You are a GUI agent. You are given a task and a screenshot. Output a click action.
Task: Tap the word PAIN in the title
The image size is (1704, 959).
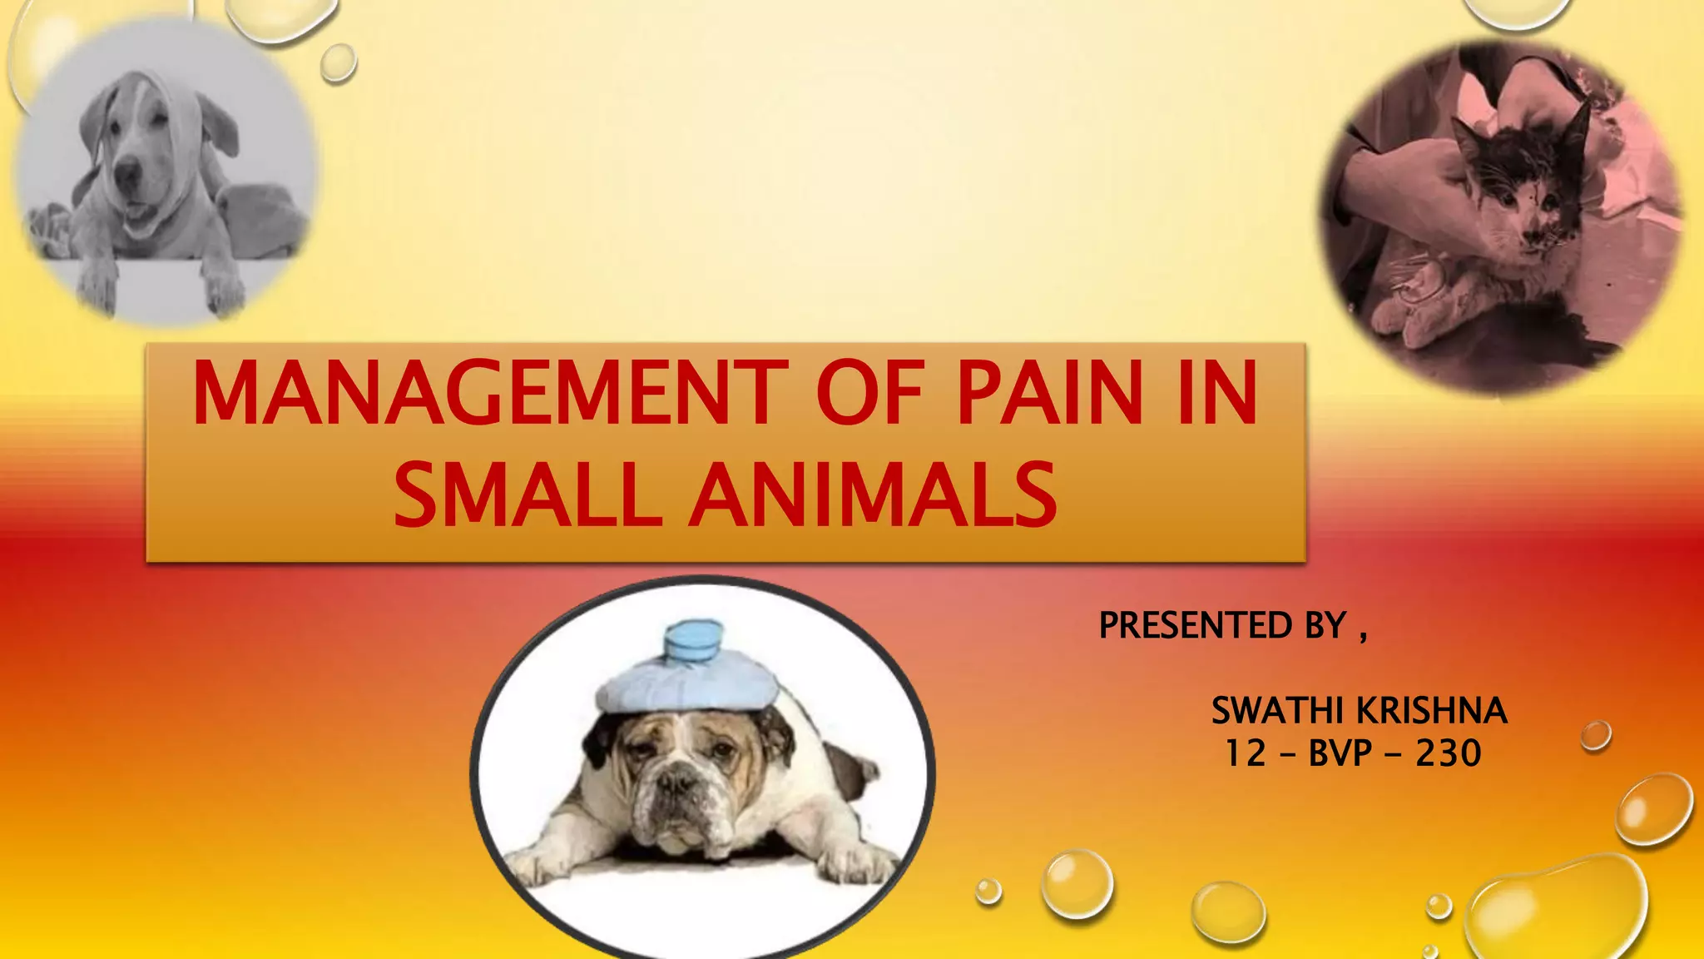click(x=1049, y=393)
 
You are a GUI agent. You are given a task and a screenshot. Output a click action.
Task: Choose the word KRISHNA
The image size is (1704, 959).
click(x=1433, y=711)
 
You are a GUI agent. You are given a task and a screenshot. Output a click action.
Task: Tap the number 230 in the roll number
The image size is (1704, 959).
click(x=1449, y=753)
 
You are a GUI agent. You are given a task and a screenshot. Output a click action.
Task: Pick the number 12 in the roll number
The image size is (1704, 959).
click(x=1245, y=753)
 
